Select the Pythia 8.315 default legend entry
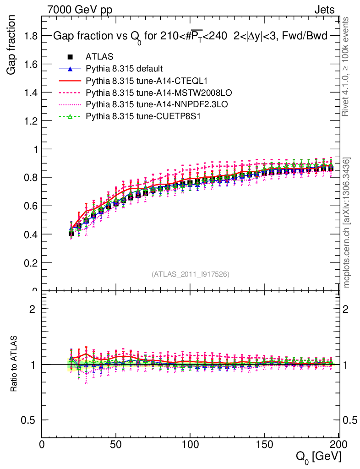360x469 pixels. tap(124, 69)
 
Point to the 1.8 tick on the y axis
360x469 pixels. tap(31, 36)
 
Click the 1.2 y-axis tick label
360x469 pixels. tap(31, 121)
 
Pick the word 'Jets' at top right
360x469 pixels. tap(324, 10)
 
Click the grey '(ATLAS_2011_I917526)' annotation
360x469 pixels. tap(190, 274)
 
